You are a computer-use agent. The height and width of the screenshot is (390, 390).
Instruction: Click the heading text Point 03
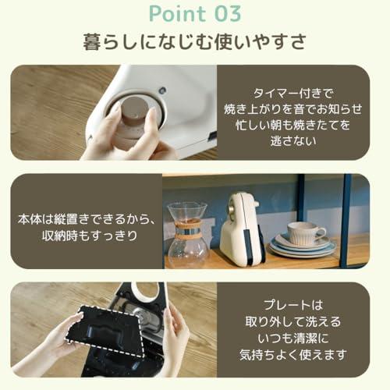195,14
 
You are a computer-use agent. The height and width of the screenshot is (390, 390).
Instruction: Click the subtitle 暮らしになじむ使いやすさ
194,41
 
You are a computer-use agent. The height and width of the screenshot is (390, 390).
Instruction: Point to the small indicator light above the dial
162,91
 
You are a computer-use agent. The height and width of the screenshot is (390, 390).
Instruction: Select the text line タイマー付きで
293,93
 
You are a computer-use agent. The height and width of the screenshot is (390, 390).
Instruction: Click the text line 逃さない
293,140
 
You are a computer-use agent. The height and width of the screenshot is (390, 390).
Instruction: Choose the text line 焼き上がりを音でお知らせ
293,108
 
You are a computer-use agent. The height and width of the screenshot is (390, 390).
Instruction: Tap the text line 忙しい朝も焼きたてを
293,125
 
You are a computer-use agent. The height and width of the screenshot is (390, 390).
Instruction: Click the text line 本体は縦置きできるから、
87,219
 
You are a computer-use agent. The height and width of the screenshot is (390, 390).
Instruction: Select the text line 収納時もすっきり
90,236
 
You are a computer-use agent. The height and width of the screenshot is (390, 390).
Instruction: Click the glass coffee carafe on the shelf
188,234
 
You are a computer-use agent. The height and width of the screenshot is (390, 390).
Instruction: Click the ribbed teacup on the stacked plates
306,233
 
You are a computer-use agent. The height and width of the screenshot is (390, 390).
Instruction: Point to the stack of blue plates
303,247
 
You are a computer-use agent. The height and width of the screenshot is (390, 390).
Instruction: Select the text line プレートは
293,305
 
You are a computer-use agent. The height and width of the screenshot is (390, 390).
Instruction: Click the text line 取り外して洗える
293,321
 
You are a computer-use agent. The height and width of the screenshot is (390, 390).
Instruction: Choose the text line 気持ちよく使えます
293,354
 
